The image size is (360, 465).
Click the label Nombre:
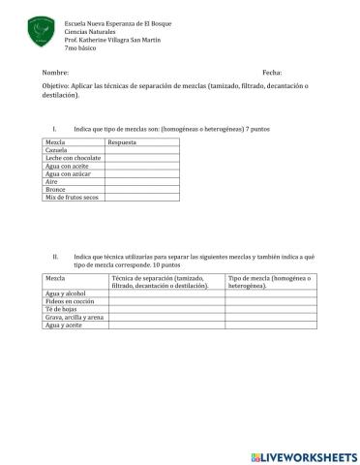point(57,74)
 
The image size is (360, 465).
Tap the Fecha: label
point(272,74)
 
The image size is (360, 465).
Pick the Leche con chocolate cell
point(73,158)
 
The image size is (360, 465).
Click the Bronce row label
point(56,189)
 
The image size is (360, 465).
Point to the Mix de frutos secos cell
point(72,198)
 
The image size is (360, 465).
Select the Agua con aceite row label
point(67,166)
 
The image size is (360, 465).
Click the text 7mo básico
point(80,47)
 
